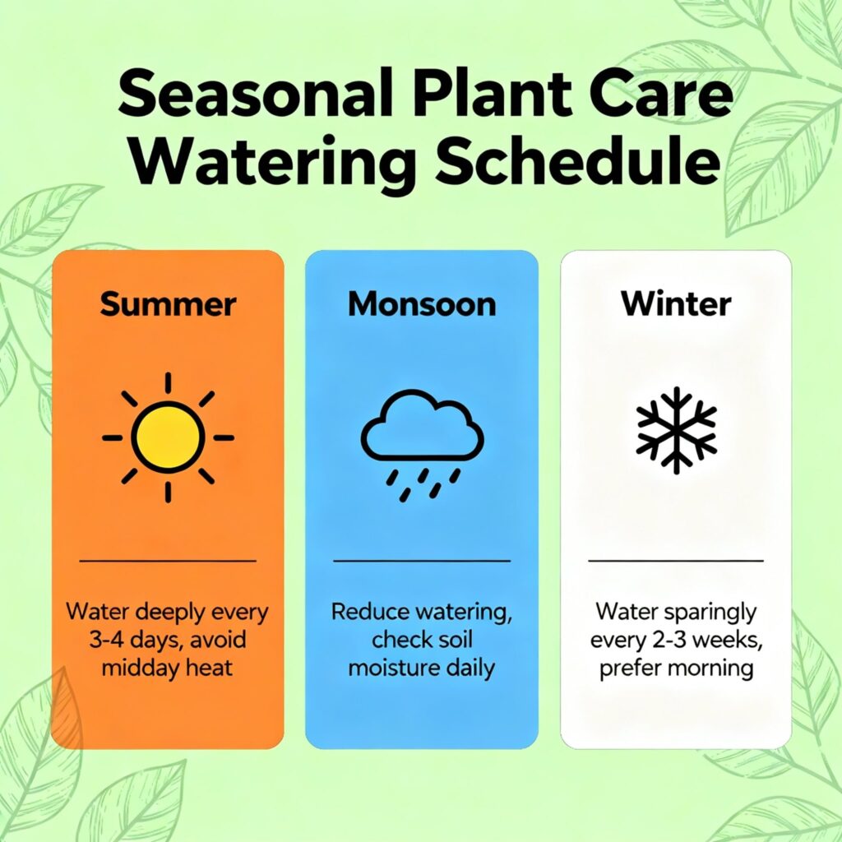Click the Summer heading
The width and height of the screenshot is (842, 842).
[168, 304]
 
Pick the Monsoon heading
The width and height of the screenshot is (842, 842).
[422, 304]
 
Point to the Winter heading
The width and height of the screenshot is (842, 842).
[676, 304]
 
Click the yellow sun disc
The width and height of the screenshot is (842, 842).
[168, 437]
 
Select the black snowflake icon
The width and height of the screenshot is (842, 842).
[676, 430]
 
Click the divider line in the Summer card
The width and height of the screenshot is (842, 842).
[168, 561]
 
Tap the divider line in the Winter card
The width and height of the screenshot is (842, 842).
[676, 561]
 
